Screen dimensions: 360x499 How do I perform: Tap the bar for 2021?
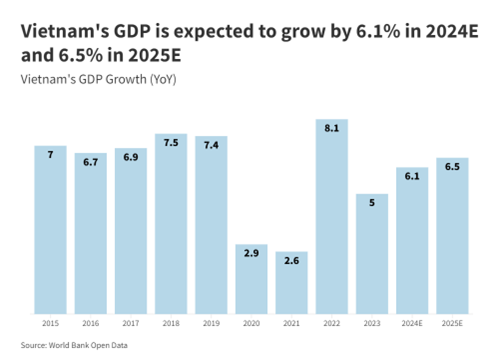click(291, 285)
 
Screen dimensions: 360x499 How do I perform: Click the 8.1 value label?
click(331, 129)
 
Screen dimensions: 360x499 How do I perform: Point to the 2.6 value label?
click(291, 260)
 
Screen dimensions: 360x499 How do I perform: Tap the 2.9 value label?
click(251, 254)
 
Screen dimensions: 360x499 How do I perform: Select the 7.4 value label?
click(211, 146)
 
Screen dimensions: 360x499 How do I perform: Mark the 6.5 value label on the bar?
click(452, 167)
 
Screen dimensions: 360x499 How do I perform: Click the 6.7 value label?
click(90, 162)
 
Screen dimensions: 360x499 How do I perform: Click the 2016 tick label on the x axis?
click(90, 324)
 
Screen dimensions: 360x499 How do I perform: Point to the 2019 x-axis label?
click(211, 324)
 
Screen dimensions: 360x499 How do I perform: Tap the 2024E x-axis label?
click(412, 324)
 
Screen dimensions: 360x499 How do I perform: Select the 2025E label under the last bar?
click(452, 324)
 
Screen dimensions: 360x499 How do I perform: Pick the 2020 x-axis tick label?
click(251, 324)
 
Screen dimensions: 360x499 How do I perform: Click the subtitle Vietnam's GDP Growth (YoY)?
click(97, 79)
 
